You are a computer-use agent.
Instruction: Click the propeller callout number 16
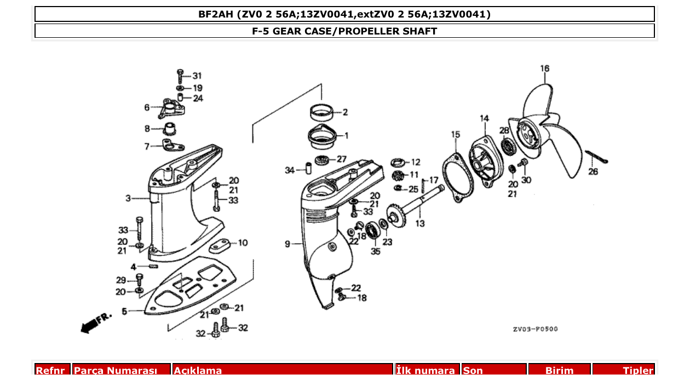[x=544, y=69]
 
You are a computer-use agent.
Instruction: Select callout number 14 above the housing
[x=485, y=118]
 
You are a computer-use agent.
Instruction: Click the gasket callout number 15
[x=456, y=135]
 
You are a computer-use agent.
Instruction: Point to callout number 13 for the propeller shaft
[x=419, y=223]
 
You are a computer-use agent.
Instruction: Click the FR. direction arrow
[x=95, y=323]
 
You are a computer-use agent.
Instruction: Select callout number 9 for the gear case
[x=287, y=244]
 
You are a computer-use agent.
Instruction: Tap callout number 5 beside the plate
[x=124, y=312]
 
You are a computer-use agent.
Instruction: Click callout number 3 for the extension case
[x=128, y=198]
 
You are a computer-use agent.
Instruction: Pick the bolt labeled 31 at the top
[x=180, y=75]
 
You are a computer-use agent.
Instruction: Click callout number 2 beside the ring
[x=345, y=113]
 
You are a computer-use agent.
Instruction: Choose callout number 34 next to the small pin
[x=290, y=170]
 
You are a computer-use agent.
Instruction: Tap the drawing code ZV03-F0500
[x=535, y=329]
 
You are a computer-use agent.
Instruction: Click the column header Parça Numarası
[x=115, y=371]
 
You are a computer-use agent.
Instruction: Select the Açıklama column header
[x=198, y=371]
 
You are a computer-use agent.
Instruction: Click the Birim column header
[x=559, y=371]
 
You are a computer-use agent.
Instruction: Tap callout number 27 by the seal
[x=341, y=159]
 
